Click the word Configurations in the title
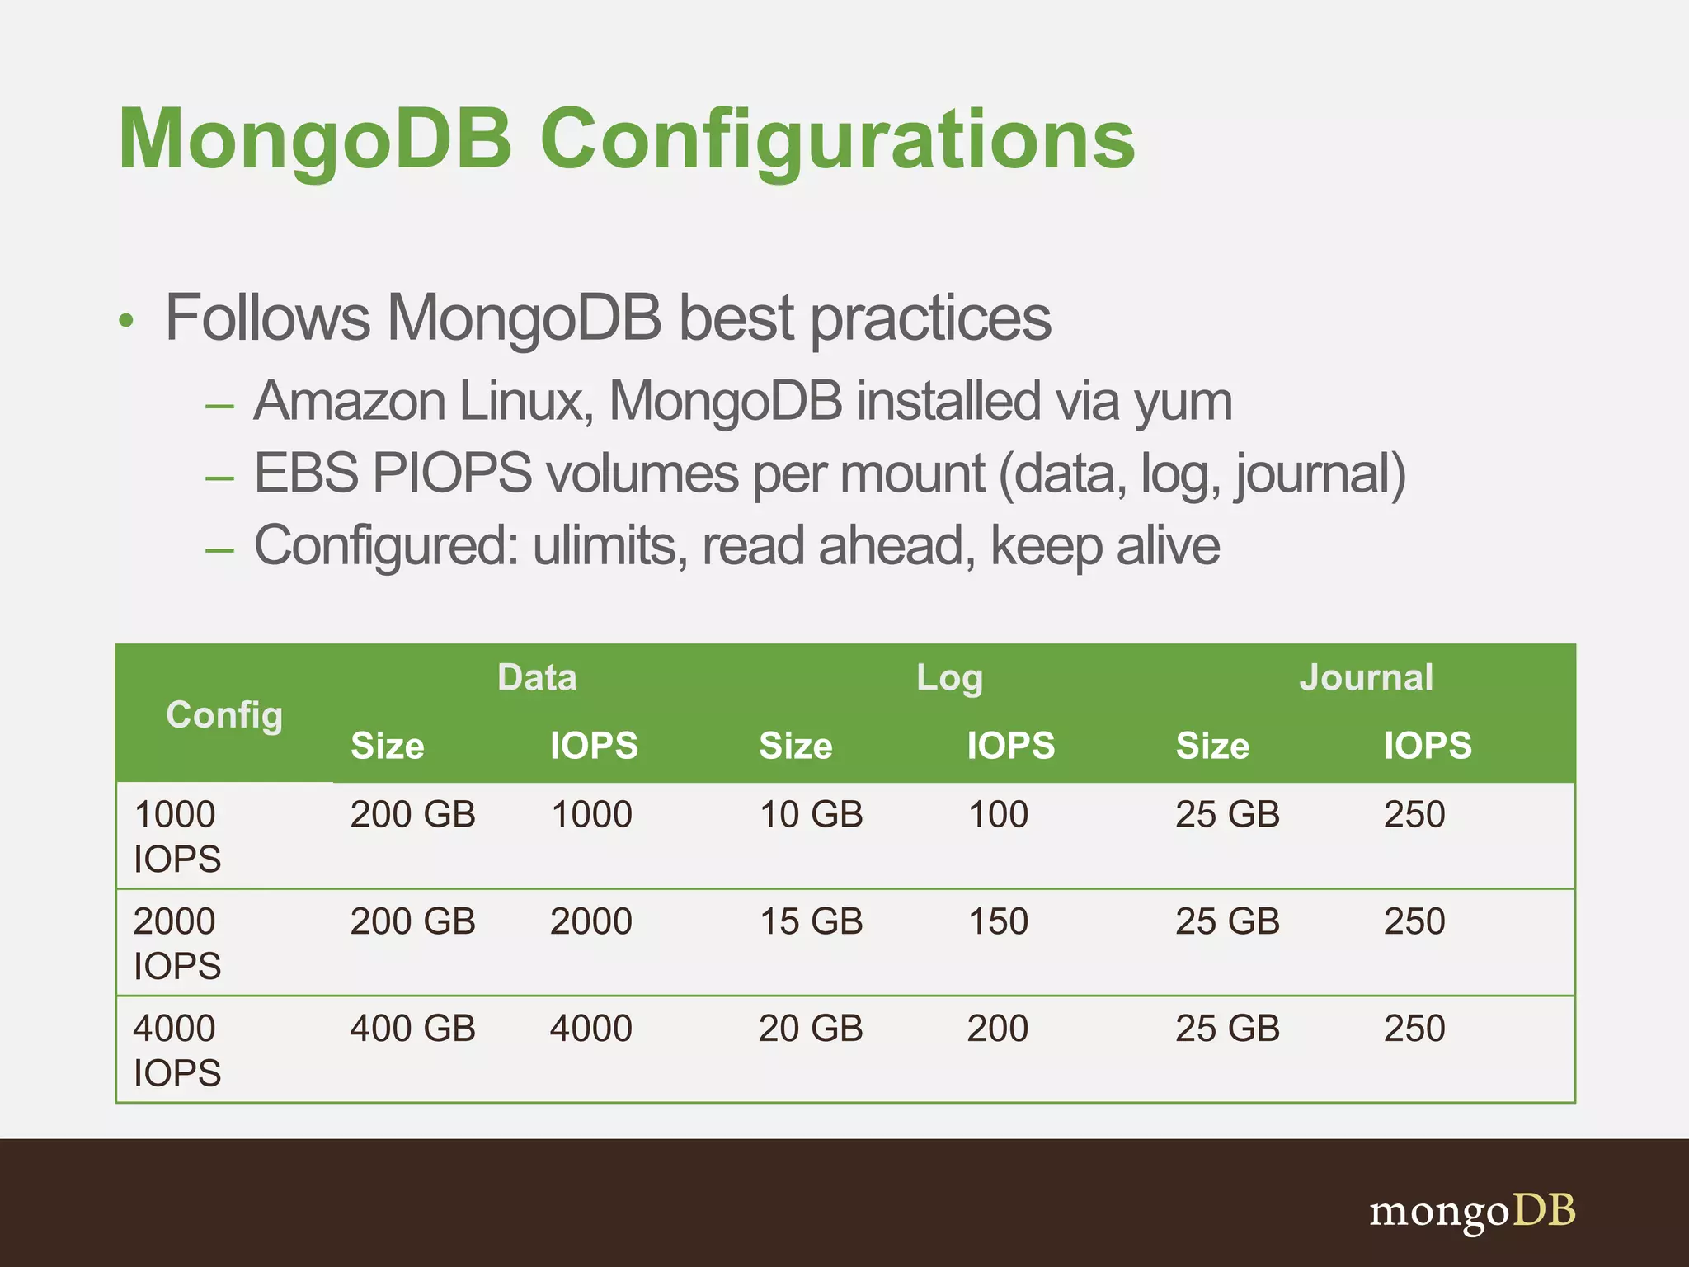pyautogui.click(x=837, y=140)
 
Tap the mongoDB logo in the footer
pyautogui.click(x=1472, y=1212)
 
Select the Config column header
pyautogui.click(x=224, y=714)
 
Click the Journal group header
pyautogui.click(x=1366, y=677)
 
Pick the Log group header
pyautogui.click(x=949, y=678)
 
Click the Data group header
pyautogui.click(x=537, y=677)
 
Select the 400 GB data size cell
pyautogui.click(x=412, y=1029)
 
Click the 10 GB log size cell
pyautogui.click(x=811, y=815)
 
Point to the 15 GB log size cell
pyautogui.click(x=811, y=921)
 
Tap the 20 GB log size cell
pyautogui.click(x=811, y=1029)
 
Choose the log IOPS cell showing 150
pyautogui.click(x=998, y=921)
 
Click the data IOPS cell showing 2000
pyautogui.click(x=591, y=921)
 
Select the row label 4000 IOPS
pyautogui.click(x=176, y=1050)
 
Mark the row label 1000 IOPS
pyautogui.click(x=176, y=836)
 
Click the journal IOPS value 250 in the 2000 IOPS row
pyautogui.click(x=1414, y=921)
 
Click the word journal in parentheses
pyautogui.click(x=1311, y=475)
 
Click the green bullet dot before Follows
pyautogui.click(x=125, y=320)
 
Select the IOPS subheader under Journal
pyautogui.click(x=1428, y=746)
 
